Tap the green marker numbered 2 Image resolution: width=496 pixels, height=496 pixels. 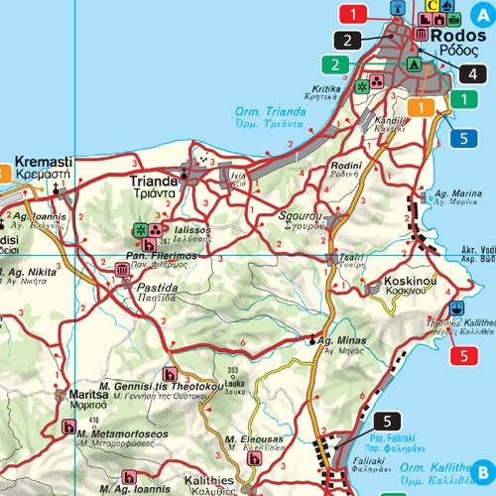coord(337,65)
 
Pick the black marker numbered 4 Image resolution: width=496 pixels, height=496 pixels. coord(473,72)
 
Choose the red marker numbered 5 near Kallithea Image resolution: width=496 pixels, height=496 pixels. coord(463,355)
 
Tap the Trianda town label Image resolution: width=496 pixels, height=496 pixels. coord(153,182)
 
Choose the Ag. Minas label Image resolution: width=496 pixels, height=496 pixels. coord(344,341)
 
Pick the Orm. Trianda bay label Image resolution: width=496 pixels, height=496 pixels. coord(262,111)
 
